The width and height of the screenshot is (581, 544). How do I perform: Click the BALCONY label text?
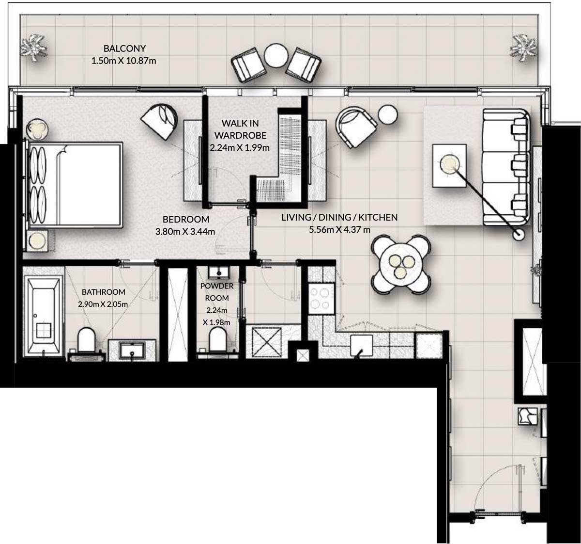pyautogui.click(x=124, y=48)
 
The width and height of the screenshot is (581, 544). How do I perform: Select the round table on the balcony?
pyautogui.click(x=276, y=56)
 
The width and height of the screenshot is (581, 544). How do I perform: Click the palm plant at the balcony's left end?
pyautogui.click(x=33, y=48)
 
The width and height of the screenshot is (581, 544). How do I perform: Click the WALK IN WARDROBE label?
pyautogui.click(x=240, y=129)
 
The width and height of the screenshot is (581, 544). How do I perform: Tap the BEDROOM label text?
pyautogui.click(x=185, y=219)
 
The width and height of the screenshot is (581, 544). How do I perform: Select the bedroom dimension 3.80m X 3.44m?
pyautogui.click(x=185, y=232)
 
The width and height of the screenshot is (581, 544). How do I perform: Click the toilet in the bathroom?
pyautogui.click(x=88, y=339)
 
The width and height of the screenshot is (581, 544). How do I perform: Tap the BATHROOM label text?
pyautogui.click(x=103, y=292)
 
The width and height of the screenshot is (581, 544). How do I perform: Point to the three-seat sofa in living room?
pyautogui.click(x=506, y=167)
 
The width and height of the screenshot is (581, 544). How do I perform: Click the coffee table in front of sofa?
pyautogui.click(x=450, y=165)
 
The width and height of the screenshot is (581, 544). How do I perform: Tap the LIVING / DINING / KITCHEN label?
pyautogui.click(x=339, y=218)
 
